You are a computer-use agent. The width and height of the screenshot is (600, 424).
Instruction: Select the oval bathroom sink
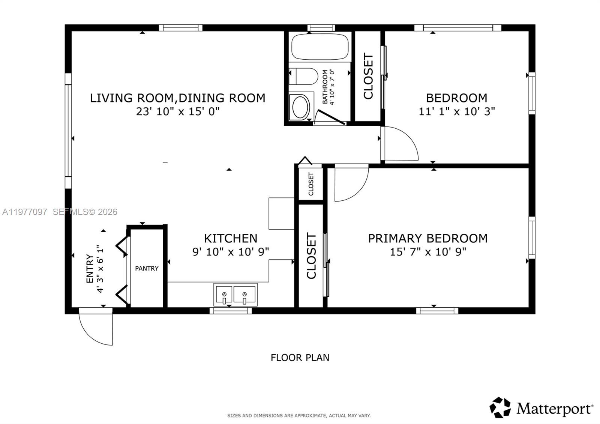pyautogui.click(x=300, y=107)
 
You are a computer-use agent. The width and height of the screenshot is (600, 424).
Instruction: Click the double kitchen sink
pyautogui.click(x=235, y=295)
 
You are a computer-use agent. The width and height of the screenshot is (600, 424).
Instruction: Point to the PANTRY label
pyautogui.click(x=147, y=268)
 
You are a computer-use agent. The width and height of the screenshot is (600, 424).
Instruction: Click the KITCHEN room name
pyautogui.click(x=231, y=238)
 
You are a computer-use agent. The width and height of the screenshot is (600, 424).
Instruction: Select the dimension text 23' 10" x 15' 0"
pyautogui.click(x=177, y=111)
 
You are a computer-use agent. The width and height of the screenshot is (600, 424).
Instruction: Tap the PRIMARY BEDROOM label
pyautogui.click(x=427, y=238)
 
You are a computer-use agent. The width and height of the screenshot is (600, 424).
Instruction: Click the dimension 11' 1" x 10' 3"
pyautogui.click(x=456, y=111)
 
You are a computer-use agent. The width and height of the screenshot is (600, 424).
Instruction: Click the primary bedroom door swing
pyautogui.click(x=351, y=184)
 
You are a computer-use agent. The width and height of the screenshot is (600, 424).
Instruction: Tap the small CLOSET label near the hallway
pyautogui.click(x=311, y=184)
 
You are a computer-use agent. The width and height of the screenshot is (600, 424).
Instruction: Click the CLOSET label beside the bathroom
pyautogui.click(x=368, y=76)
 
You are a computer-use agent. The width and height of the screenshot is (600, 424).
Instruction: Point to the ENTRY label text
pyautogui.click(x=90, y=269)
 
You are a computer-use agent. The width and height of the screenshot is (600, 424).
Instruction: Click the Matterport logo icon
pyautogui.click(x=500, y=407)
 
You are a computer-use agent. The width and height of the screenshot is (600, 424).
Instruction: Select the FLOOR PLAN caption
pyautogui.click(x=300, y=358)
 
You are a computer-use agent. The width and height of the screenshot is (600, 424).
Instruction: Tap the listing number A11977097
pyautogui.click(x=25, y=212)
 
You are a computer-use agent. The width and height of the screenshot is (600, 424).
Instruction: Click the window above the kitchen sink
pyautogui.click(x=230, y=310)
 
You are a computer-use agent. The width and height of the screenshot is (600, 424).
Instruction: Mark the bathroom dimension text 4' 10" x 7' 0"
pyautogui.click(x=328, y=87)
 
